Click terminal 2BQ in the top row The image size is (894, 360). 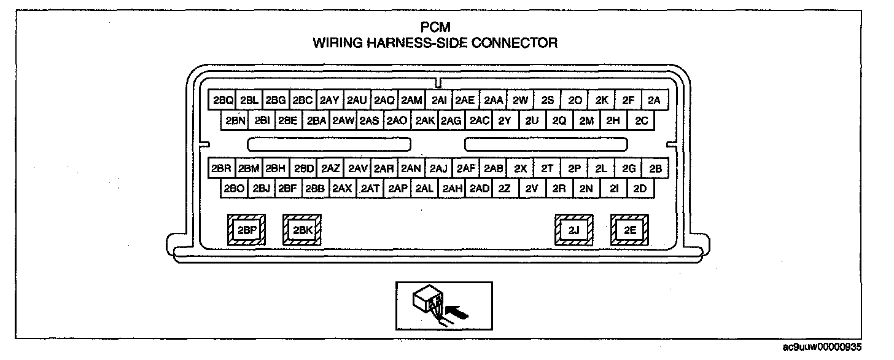[x=222, y=100]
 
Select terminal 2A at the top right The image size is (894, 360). [x=653, y=100]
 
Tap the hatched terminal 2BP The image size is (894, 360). [x=247, y=230]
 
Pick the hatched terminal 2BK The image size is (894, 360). [x=301, y=230]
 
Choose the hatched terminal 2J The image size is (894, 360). [x=573, y=230]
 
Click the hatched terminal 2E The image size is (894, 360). [x=629, y=230]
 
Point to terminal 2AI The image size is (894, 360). [x=438, y=100]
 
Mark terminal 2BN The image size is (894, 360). [x=235, y=121]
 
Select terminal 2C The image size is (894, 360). [x=641, y=121]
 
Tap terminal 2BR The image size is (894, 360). [x=220, y=168]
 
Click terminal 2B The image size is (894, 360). [x=655, y=168]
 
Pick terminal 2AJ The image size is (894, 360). [x=438, y=168]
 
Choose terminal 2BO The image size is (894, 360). [x=235, y=189]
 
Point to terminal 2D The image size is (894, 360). [x=640, y=189]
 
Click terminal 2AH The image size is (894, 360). [x=452, y=189]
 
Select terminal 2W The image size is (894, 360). [x=520, y=100]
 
